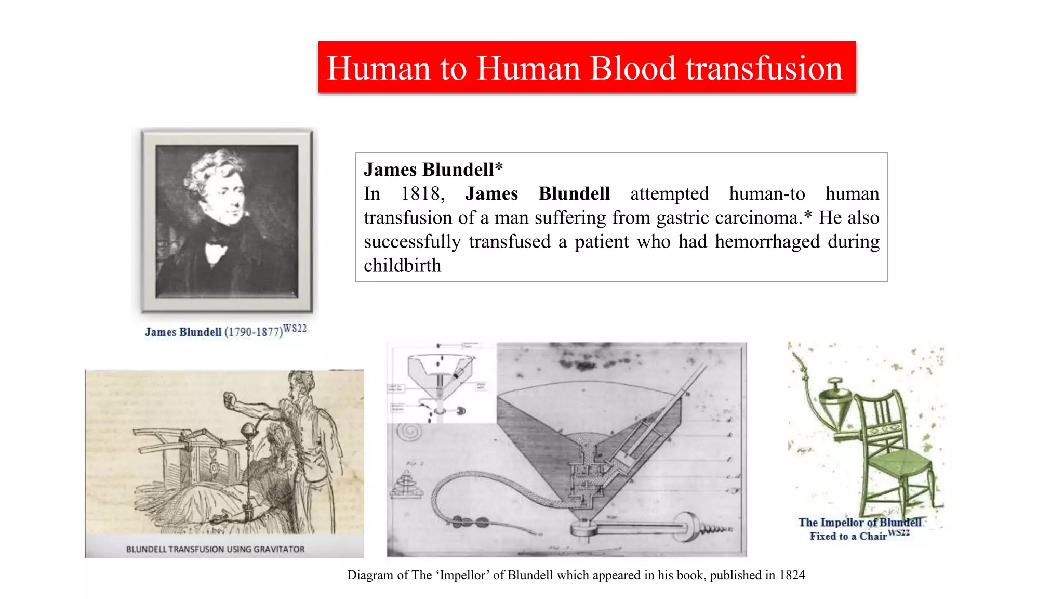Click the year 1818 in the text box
click(x=422, y=194)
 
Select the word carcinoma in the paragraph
click(x=759, y=218)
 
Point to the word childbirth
click(x=402, y=266)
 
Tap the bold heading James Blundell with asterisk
click(x=433, y=170)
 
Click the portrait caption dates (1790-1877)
click(x=254, y=332)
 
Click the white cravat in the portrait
click(x=215, y=253)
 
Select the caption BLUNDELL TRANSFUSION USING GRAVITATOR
click(x=215, y=549)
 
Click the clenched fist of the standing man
click(x=230, y=400)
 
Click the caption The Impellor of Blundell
click(x=860, y=523)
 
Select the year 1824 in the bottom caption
click(x=792, y=575)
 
